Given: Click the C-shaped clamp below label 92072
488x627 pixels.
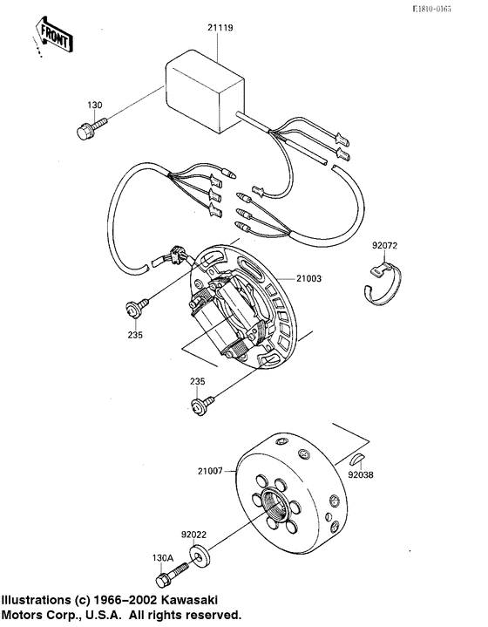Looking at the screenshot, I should tap(380, 290).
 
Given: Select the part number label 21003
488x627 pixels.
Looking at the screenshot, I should tap(310, 280).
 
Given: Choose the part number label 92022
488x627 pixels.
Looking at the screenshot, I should tap(194, 535).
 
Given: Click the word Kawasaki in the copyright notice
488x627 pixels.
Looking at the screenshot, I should tap(181, 601).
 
